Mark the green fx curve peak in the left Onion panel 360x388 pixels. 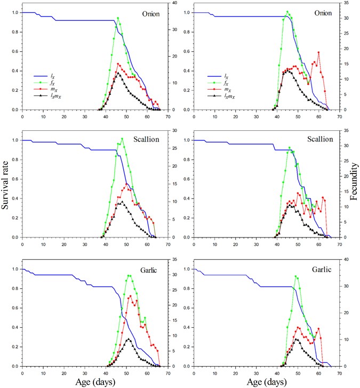[x=118, y=18]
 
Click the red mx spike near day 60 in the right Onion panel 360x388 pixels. [x=318, y=52]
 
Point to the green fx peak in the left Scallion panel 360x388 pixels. [x=122, y=139]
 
